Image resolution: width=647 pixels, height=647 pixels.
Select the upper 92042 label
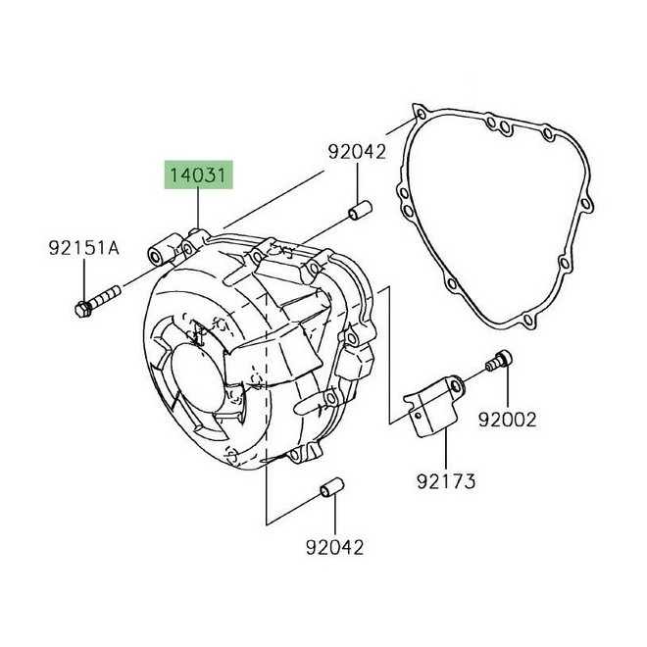pos(357,153)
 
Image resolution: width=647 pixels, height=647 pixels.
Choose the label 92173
pos(445,482)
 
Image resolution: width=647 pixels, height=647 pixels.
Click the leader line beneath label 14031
pos(199,211)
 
